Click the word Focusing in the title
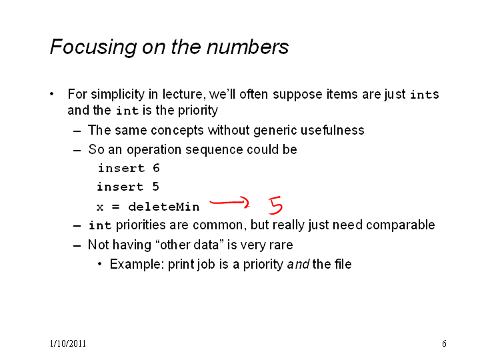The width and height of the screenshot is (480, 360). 93,47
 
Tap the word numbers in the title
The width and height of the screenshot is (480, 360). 247,47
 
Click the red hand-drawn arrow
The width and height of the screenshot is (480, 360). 229,203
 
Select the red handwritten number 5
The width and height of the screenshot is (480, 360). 275,205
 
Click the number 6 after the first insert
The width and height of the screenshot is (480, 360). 156,168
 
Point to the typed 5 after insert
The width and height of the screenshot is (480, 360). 155,187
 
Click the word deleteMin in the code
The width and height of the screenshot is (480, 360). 164,207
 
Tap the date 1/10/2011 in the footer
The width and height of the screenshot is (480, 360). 67,343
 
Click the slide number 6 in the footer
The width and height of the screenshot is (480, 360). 444,343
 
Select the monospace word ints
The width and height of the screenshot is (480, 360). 425,94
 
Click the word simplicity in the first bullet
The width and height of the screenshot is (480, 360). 117,94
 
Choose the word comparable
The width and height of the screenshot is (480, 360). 401,225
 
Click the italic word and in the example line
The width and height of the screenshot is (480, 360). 298,264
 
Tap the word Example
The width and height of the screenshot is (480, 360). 137,265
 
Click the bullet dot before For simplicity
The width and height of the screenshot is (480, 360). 52,94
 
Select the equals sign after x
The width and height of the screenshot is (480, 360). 115,207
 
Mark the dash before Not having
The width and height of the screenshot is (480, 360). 77,246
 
